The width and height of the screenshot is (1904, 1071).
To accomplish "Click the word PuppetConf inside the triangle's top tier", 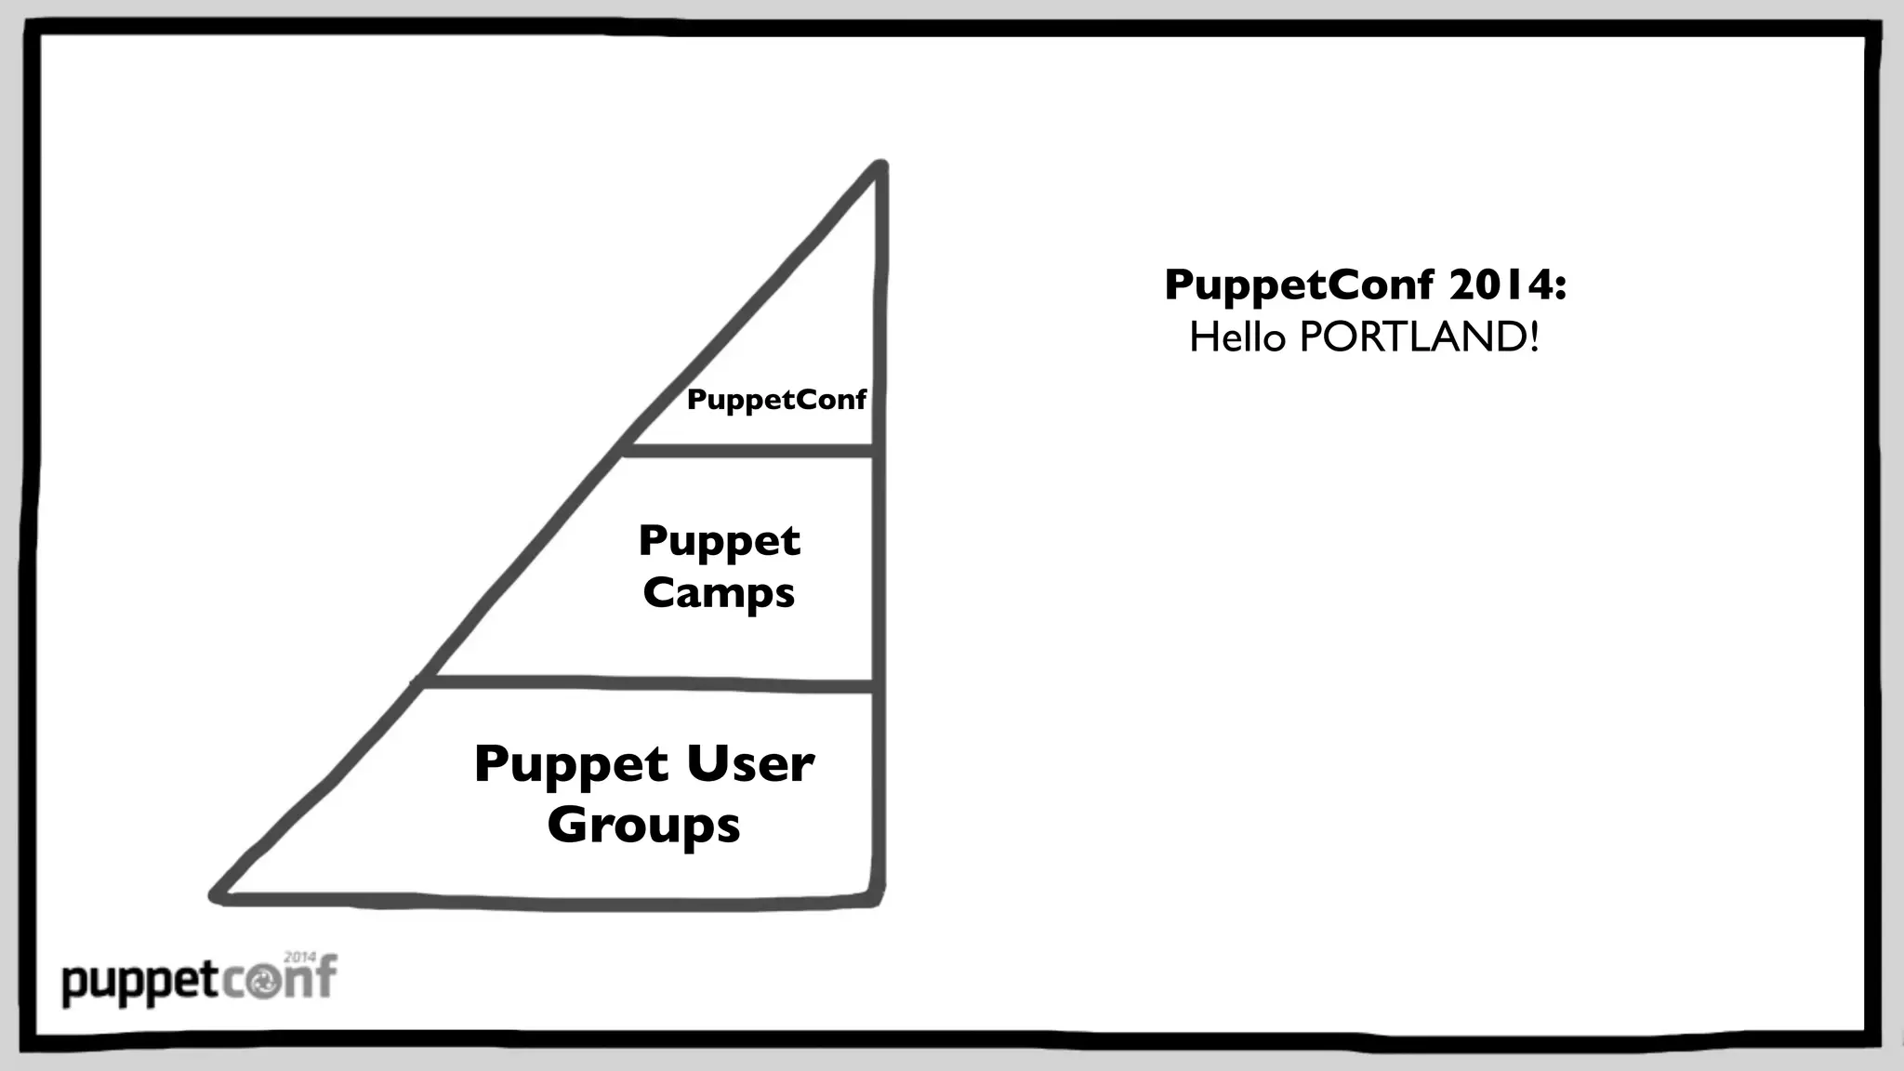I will pos(776,400).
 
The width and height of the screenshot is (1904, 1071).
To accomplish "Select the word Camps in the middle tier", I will pos(719,593).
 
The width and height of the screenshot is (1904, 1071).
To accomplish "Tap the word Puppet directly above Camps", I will pos(719,540).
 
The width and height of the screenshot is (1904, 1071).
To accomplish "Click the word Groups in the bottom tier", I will pos(643,825).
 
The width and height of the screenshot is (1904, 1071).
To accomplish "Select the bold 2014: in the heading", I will pos(1507,284).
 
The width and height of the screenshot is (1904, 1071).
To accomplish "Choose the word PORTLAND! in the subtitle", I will pos(1419,337).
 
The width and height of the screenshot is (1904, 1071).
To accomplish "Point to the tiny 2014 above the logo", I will pos(299,957).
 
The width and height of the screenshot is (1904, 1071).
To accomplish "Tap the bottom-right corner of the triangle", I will pos(878,900).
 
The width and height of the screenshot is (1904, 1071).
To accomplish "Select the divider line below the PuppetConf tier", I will pos(749,451).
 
